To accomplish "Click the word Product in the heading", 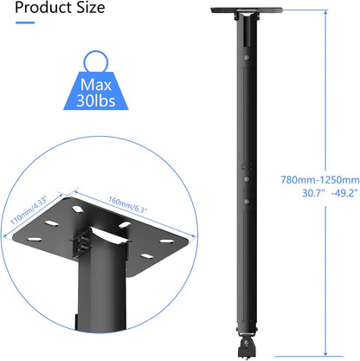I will [x=40, y=10].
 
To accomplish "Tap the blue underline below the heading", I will [x=24, y=23].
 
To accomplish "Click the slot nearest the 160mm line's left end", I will [x=61, y=198].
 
